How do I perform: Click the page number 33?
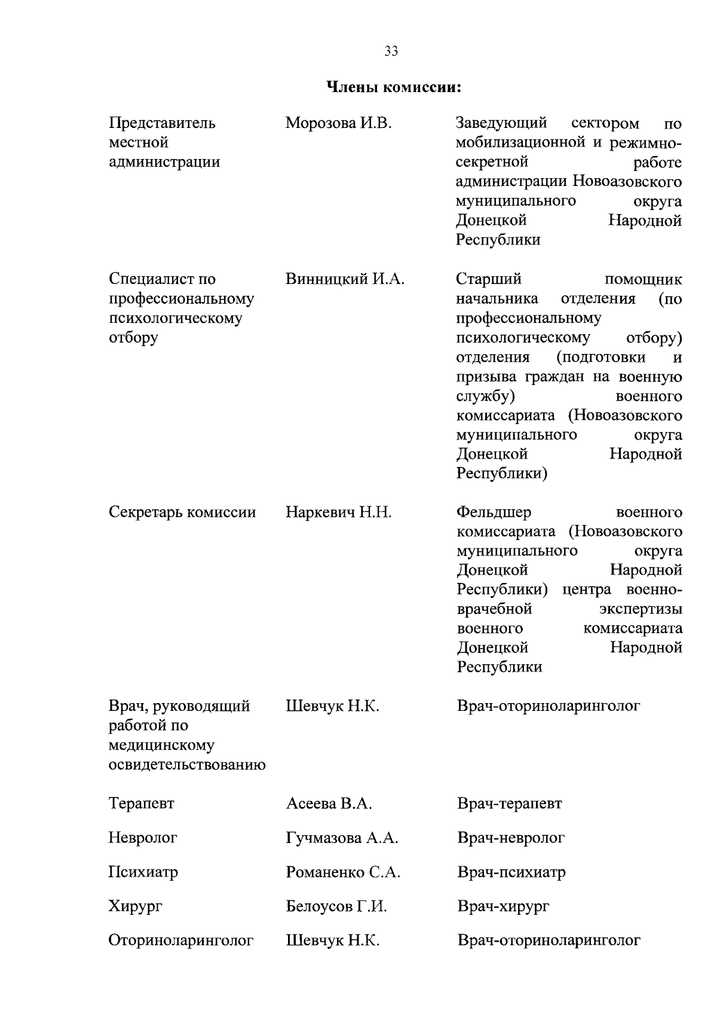click(x=391, y=51)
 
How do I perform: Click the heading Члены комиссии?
click(x=394, y=88)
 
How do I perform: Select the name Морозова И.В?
click(x=338, y=124)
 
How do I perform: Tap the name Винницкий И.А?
click(x=345, y=279)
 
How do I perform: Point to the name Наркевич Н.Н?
click(x=339, y=512)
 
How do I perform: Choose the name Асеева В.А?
click(x=329, y=804)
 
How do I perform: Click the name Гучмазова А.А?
click(x=342, y=838)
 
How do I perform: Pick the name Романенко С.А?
click(x=343, y=872)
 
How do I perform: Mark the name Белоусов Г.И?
click(x=336, y=907)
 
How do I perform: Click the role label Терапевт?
click(x=141, y=804)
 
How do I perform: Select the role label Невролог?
click(x=143, y=838)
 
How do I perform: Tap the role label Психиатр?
click(x=143, y=872)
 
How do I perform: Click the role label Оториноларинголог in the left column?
click(x=180, y=941)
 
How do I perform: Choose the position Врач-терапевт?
click(x=509, y=804)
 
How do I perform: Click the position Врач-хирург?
click(x=503, y=907)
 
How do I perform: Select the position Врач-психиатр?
click(x=511, y=872)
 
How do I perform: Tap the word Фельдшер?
click(x=494, y=512)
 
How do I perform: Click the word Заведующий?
click(x=501, y=124)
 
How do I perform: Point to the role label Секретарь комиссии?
click(x=182, y=512)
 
